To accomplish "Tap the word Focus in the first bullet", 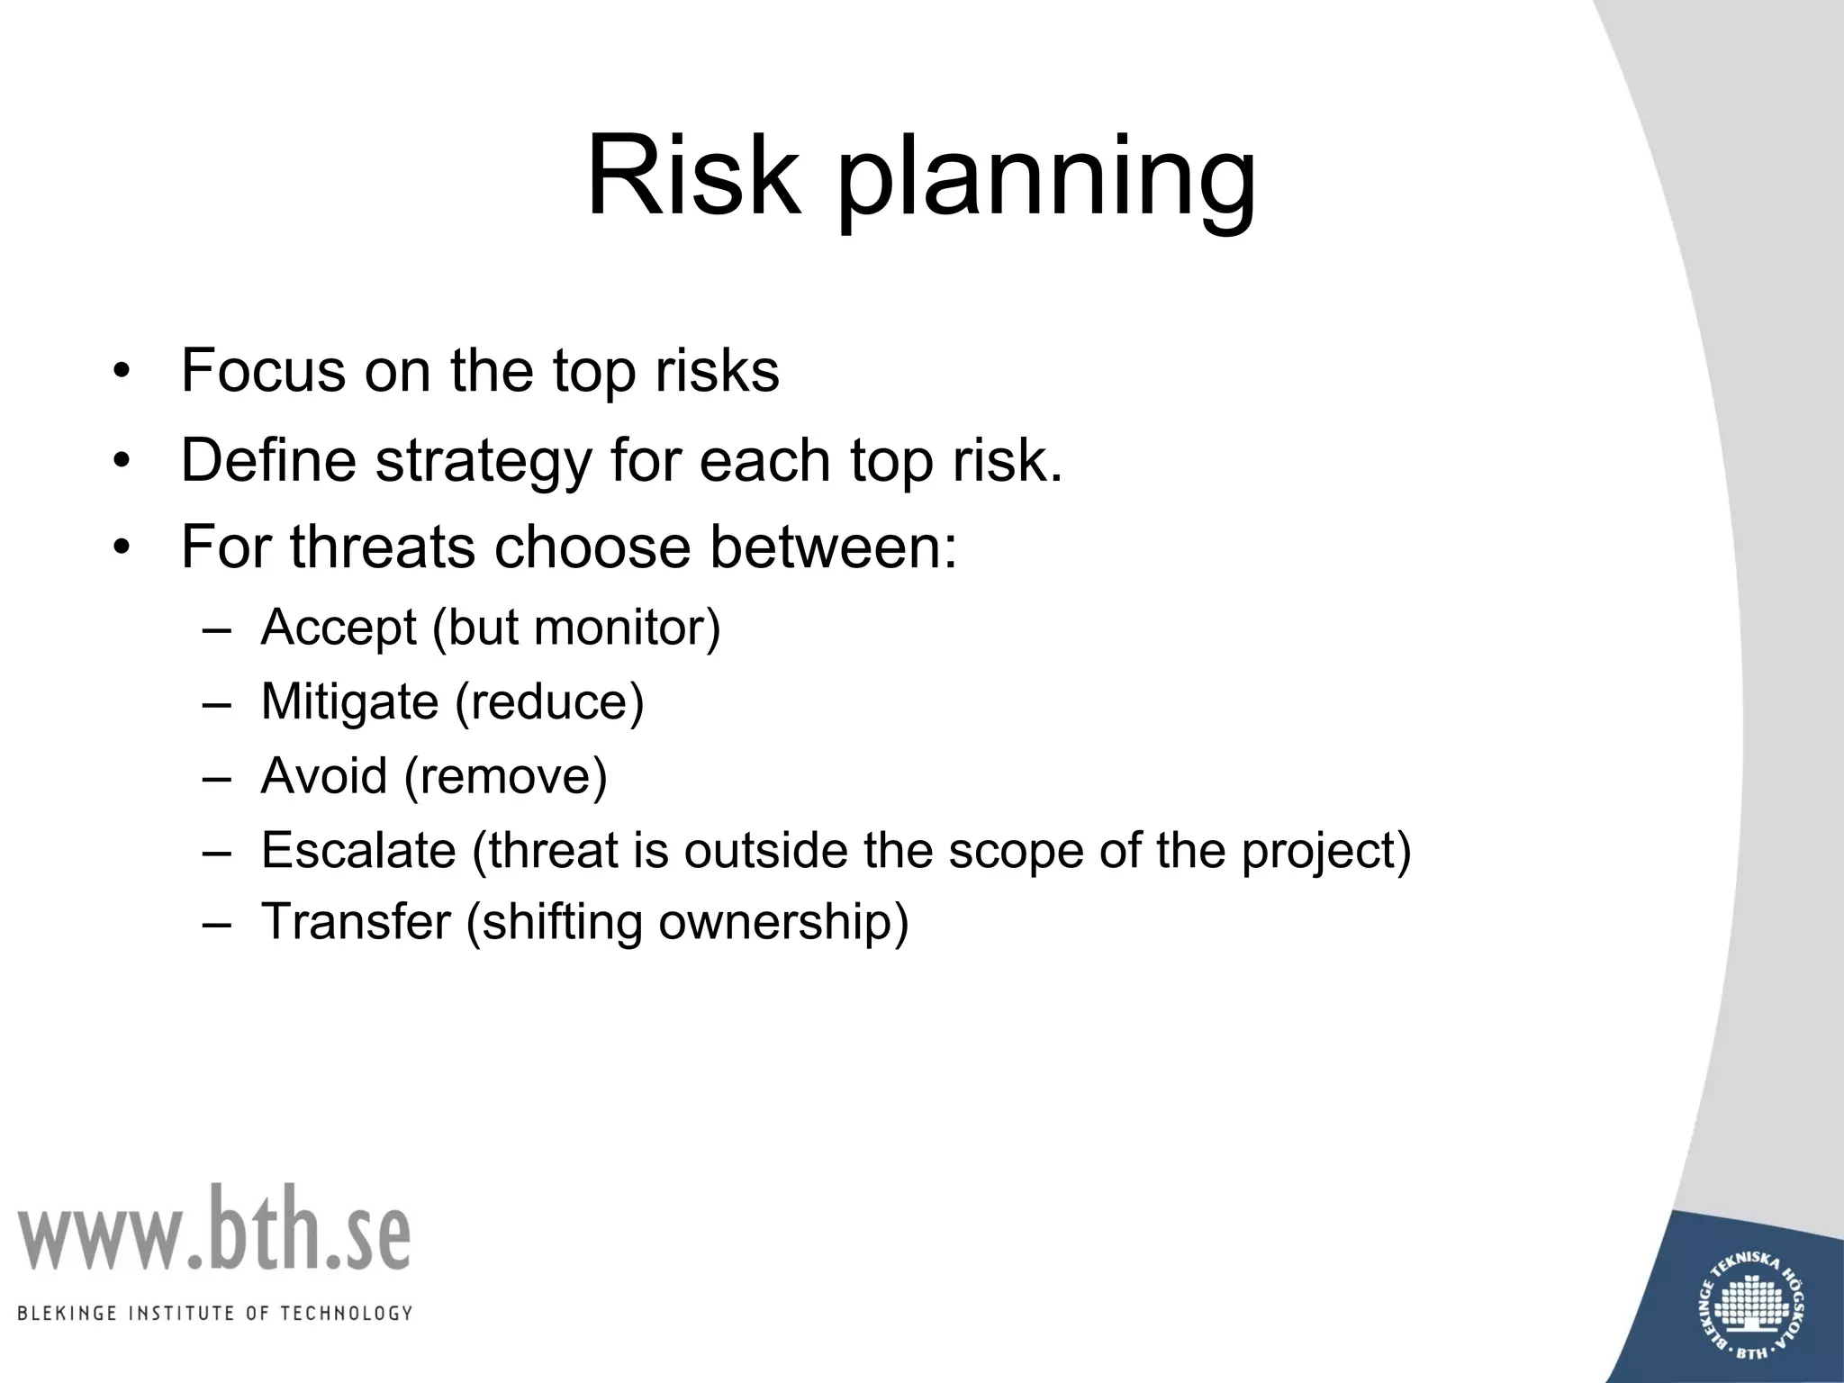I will (262, 370).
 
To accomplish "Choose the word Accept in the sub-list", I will (339, 628).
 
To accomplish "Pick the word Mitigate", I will (349, 702).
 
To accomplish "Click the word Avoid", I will (324, 776).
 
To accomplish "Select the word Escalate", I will (358, 850).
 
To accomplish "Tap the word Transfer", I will (356, 922).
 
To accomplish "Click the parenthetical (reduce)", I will (549, 702).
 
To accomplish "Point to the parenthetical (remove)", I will (506, 776).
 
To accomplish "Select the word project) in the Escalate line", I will (1326, 851).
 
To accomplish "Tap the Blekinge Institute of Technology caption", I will (214, 1313).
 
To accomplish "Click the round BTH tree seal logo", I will (1754, 1306).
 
